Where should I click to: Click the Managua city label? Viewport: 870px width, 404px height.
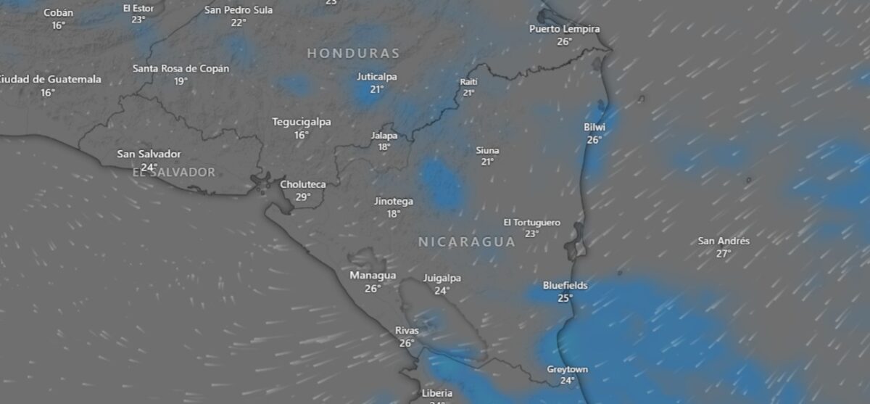pos(373,276)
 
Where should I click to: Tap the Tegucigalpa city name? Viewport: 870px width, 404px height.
pos(302,122)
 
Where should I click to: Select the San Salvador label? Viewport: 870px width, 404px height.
pos(149,154)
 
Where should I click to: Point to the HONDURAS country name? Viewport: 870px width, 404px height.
pos(353,53)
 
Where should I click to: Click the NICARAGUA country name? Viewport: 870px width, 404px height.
pos(466,242)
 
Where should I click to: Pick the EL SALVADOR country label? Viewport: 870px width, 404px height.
pos(174,173)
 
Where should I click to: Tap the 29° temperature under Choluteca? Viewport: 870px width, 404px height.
pos(303,197)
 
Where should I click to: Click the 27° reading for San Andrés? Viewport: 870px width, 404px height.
pos(723,253)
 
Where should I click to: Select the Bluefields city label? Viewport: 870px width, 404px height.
pos(565,286)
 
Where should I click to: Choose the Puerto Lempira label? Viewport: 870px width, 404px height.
pos(565,29)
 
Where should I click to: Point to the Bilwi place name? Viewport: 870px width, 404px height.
pos(594,128)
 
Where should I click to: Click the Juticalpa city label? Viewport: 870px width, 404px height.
pos(377,77)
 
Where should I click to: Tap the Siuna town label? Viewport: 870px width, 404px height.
pos(487,150)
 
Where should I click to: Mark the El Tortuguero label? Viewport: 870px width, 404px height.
pos(532,222)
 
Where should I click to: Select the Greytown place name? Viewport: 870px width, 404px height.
pos(567,369)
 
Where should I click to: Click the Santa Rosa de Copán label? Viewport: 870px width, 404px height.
pos(181,68)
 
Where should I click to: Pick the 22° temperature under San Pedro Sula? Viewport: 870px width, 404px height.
pos(239,22)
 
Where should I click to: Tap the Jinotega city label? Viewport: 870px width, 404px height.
pos(394,201)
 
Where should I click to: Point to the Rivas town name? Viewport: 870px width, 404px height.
pos(407,331)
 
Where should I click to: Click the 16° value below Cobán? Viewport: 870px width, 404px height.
pos(58,25)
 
